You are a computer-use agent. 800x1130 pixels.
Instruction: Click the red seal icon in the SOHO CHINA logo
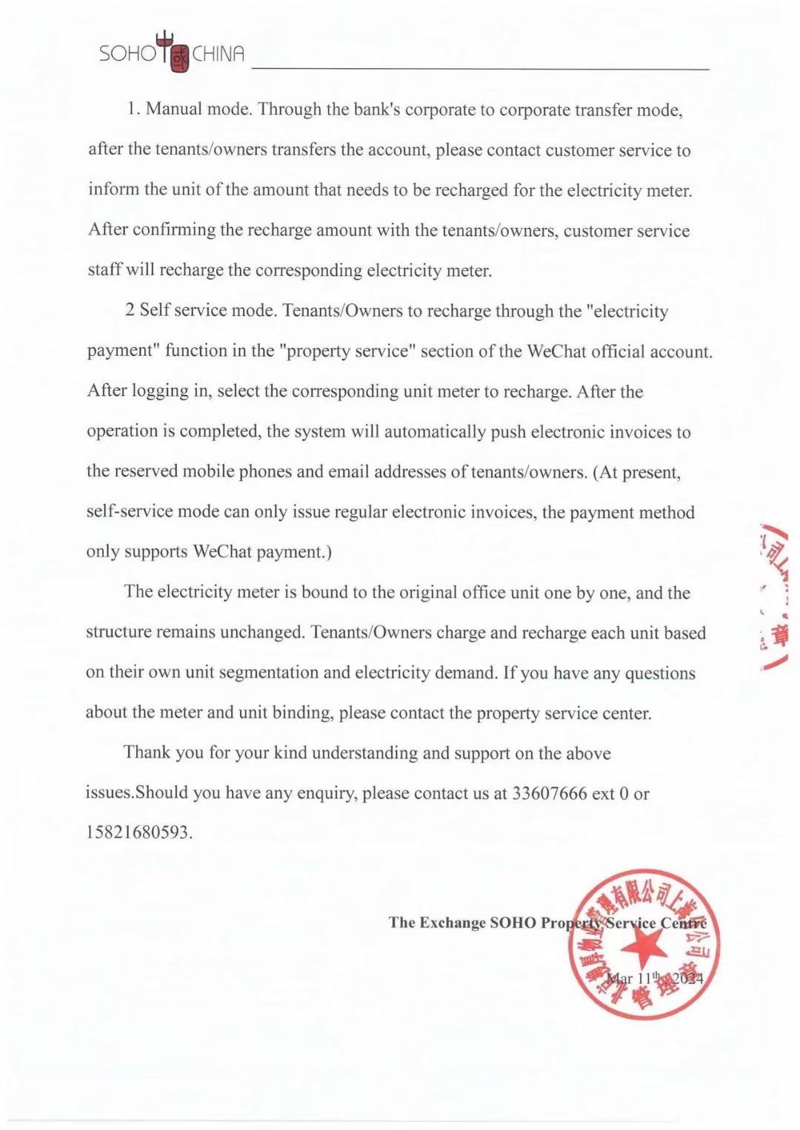pyautogui.click(x=180, y=58)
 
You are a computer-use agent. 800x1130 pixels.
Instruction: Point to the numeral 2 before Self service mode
pyautogui.click(x=130, y=310)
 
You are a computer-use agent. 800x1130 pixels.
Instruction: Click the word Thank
pyautogui.click(x=147, y=753)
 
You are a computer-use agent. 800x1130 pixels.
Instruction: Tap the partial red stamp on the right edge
pyautogui.click(x=775, y=596)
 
